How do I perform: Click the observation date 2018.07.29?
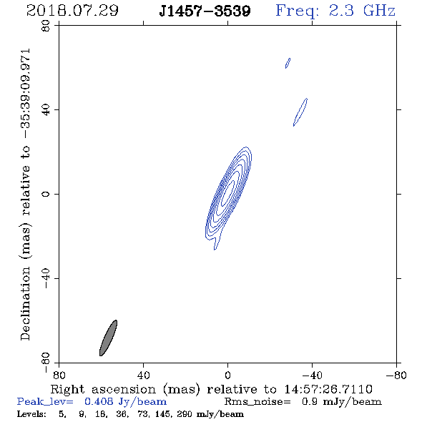[72, 11]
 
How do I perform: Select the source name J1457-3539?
[205, 11]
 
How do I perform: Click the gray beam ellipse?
[108, 338]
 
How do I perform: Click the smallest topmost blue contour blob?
[288, 63]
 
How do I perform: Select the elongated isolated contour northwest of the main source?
[300, 112]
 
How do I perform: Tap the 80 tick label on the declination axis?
[46, 26]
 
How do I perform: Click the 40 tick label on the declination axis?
[46, 110]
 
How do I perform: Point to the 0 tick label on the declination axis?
[46, 194]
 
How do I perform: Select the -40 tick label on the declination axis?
[46, 278]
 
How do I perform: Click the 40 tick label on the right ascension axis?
[143, 376]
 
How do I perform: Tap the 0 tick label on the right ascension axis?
[227, 376]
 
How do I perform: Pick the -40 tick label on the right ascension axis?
[312, 376]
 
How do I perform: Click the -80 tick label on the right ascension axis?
[396, 376]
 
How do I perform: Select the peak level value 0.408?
[99, 401]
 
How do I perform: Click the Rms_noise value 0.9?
[310, 401]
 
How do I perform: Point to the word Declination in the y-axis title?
[25, 303]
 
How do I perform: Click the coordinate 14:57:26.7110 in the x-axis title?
[328, 389]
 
